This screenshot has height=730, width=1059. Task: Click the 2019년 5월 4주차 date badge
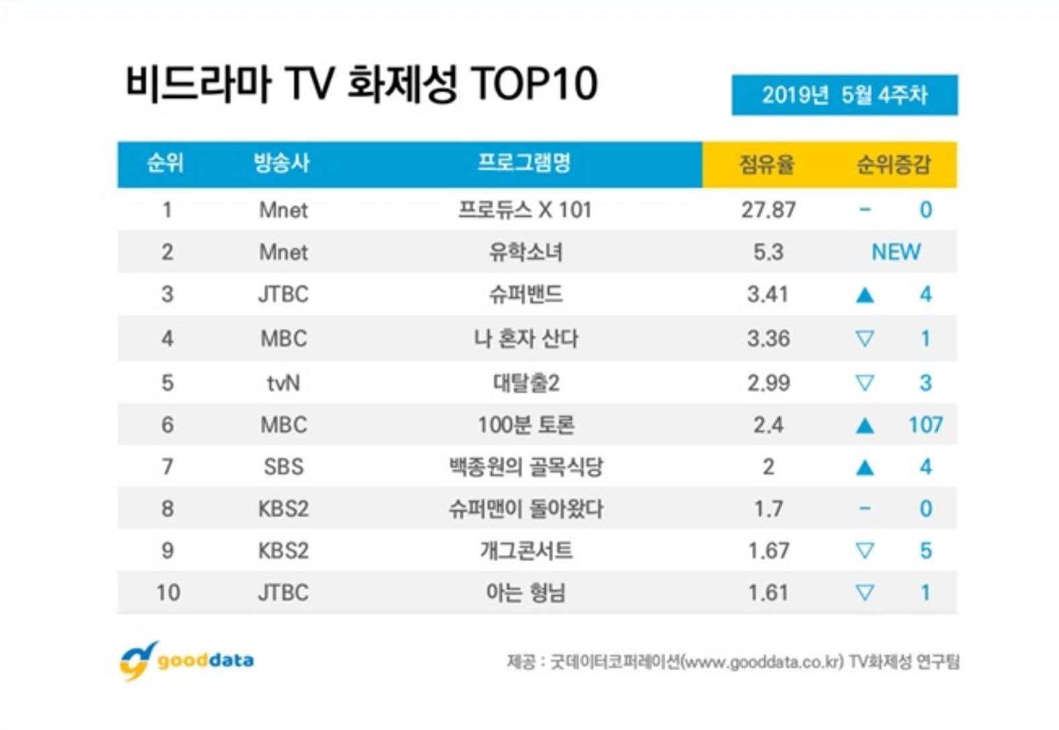pyautogui.click(x=844, y=95)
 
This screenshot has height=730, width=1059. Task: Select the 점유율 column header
pyautogui.click(x=766, y=164)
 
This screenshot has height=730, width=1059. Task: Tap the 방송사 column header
pyautogui.click(x=282, y=163)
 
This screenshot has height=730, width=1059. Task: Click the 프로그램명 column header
pyautogui.click(x=524, y=163)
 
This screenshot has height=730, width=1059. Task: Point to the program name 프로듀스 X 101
pyautogui.click(x=525, y=210)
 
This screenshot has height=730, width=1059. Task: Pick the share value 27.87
pyautogui.click(x=768, y=210)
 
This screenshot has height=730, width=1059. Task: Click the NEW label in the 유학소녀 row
pyautogui.click(x=896, y=253)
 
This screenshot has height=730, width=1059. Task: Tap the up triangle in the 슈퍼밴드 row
pyautogui.click(x=865, y=295)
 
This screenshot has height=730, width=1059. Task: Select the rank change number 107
pyautogui.click(x=925, y=425)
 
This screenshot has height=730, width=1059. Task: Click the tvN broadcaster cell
pyautogui.click(x=283, y=383)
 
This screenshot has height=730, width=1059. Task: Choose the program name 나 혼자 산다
pyautogui.click(x=525, y=338)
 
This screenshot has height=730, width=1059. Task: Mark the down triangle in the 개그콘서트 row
pyautogui.click(x=865, y=551)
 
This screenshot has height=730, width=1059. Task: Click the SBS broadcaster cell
pyautogui.click(x=283, y=467)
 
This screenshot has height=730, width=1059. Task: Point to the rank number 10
pyautogui.click(x=168, y=593)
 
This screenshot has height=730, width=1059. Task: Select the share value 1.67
pyautogui.click(x=768, y=551)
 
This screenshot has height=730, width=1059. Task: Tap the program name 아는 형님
pyautogui.click(x=525, y=593)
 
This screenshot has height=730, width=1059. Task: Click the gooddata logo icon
pyautogui.click(x=138, y=660)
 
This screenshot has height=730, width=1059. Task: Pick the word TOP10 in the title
pyautogui.click(x=534, y=85)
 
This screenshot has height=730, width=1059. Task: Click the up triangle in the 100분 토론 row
pyautogui.click(x=865, y=426)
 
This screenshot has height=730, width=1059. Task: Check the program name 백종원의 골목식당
pyautogui.click(x=525, y=467)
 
